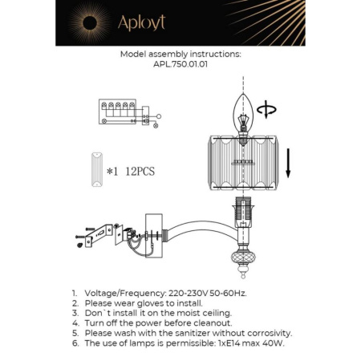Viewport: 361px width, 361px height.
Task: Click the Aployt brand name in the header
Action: [x=141, y=22]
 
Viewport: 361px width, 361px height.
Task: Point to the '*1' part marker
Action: [x=113, y=171]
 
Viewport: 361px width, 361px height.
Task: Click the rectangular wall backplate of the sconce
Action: [x=153, y=232]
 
